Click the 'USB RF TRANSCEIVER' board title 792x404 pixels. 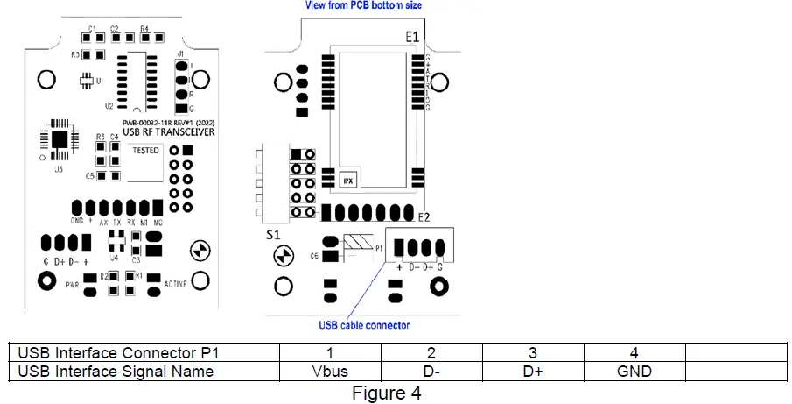click(x=158, y=131)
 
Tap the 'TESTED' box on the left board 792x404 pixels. click(x=144, y=151)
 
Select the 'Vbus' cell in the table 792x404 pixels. click(x=330, y=371)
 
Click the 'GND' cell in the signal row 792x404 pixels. click(x=634, y=371)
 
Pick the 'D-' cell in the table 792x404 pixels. click(x=431, y=371)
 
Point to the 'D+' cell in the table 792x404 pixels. click(x=532, y=371)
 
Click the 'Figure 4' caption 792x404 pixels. click(x=386, y=393)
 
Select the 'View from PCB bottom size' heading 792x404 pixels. click(x=362, y=5)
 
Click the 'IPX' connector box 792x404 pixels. click(x=347, y=180)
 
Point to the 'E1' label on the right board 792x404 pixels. click(x=412, y=38)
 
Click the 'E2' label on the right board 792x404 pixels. click(x=424, y=216)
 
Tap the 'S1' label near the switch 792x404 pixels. click(x=273, y=236)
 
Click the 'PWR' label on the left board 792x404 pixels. click(x=73, y=284)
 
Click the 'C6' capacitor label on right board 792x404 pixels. click(x=313, y=255)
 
